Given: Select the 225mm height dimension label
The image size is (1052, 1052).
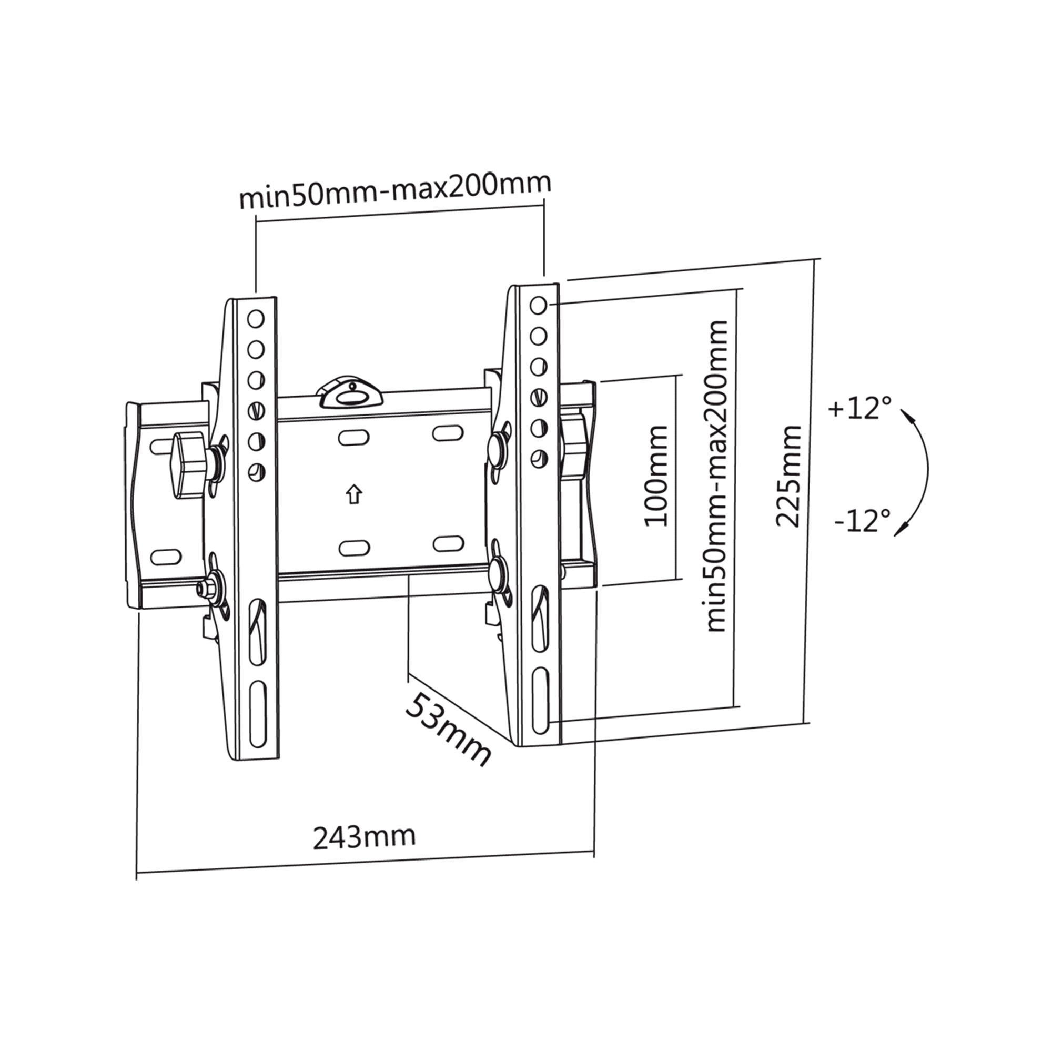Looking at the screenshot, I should pyautogui.click(x=789, y=476).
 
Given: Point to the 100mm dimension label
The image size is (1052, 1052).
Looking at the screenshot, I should pyautogui.click(x=656, y=476).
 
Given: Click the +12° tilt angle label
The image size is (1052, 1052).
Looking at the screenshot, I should pyautogui.click(x=860, y=408).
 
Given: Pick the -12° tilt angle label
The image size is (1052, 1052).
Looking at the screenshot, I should pyautogui.click(x=863, y=521).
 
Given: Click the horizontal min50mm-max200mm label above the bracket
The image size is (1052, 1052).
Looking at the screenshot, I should pyautogui.click(x=395, y=190).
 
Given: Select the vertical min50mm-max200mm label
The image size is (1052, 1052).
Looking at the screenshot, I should pyautogui.click(x=717, y=476).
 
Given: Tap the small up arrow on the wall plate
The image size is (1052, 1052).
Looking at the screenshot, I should pyautogui.click(x=355, y=494).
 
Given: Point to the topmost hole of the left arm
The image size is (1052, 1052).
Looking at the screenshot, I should pyautogui.click(x=256, y=319).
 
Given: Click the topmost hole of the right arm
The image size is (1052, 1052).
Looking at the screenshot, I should pyautogui.click(x=538, y=306).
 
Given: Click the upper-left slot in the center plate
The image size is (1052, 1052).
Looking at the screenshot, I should pyautogui.click(x=354, y=437).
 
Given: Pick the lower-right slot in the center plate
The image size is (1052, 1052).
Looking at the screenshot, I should pyautogui.click(x=449, y=543).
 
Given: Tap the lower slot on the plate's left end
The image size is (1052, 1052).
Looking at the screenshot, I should pyautogui.click(x=166, y=557).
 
